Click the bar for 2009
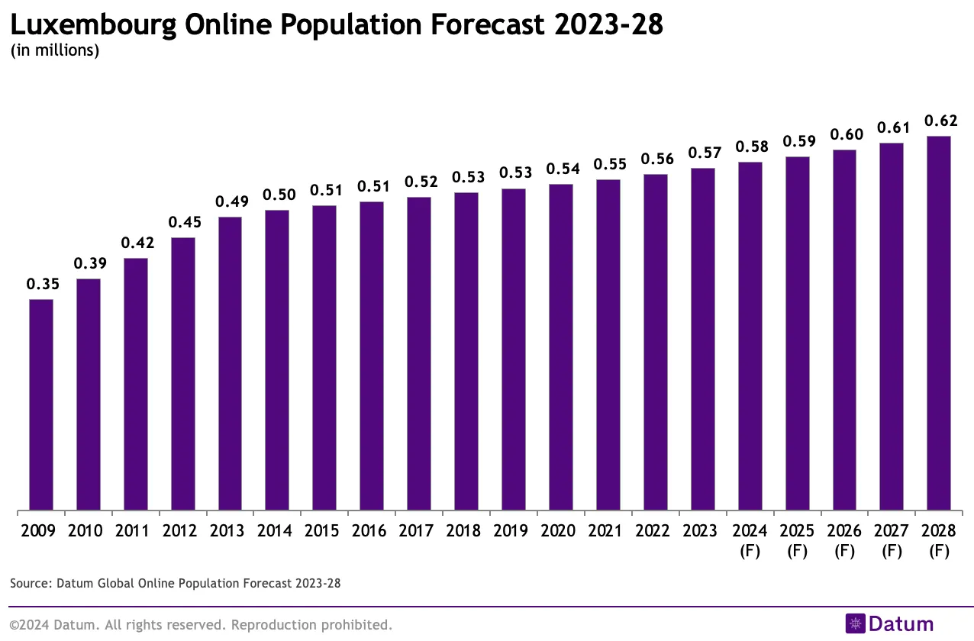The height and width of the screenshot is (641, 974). [41, 404]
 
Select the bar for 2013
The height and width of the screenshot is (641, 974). [230, 363]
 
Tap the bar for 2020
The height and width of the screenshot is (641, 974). [561, 347]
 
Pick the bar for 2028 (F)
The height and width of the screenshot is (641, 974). [938, 323]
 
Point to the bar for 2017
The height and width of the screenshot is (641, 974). [419, 353]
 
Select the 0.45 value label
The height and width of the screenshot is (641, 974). [182, 222]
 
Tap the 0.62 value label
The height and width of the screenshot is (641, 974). [940, 121]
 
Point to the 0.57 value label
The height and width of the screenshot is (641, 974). [705, 153]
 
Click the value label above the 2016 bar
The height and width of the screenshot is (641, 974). [372, 186]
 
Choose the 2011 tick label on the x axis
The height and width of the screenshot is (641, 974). [135, 530]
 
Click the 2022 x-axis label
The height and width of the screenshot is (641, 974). [655, 530]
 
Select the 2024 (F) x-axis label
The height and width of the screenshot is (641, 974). [750, 540]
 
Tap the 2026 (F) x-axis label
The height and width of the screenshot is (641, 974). [844, 540]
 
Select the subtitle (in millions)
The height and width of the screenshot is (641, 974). [54, 51]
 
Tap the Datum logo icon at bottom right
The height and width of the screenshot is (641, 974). [855, 623]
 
